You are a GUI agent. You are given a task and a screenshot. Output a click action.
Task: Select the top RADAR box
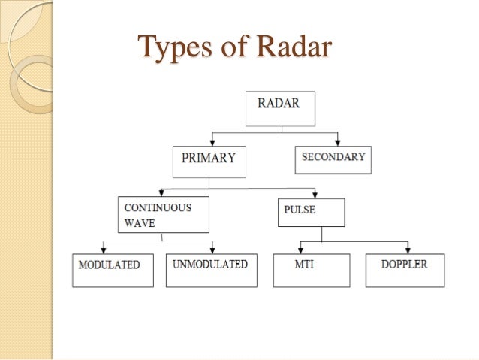280,108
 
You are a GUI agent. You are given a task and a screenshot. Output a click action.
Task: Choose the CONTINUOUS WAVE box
164,214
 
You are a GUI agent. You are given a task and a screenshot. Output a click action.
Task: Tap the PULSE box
311,212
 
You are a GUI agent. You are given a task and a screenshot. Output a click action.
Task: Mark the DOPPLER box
405,270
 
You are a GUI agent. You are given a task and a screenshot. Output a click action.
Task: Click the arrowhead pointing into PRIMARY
213,143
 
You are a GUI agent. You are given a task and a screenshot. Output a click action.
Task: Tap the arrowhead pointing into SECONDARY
338,143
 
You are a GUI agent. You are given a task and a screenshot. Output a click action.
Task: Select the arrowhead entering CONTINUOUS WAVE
161,193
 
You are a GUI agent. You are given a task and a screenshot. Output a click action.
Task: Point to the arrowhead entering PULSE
314,194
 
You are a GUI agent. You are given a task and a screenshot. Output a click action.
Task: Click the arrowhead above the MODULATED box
103,249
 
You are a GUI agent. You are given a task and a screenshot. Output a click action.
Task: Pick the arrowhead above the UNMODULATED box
212,249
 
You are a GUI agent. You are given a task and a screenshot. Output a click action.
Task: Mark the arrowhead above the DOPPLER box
408,249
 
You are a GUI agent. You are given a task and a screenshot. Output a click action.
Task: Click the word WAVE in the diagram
134,222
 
